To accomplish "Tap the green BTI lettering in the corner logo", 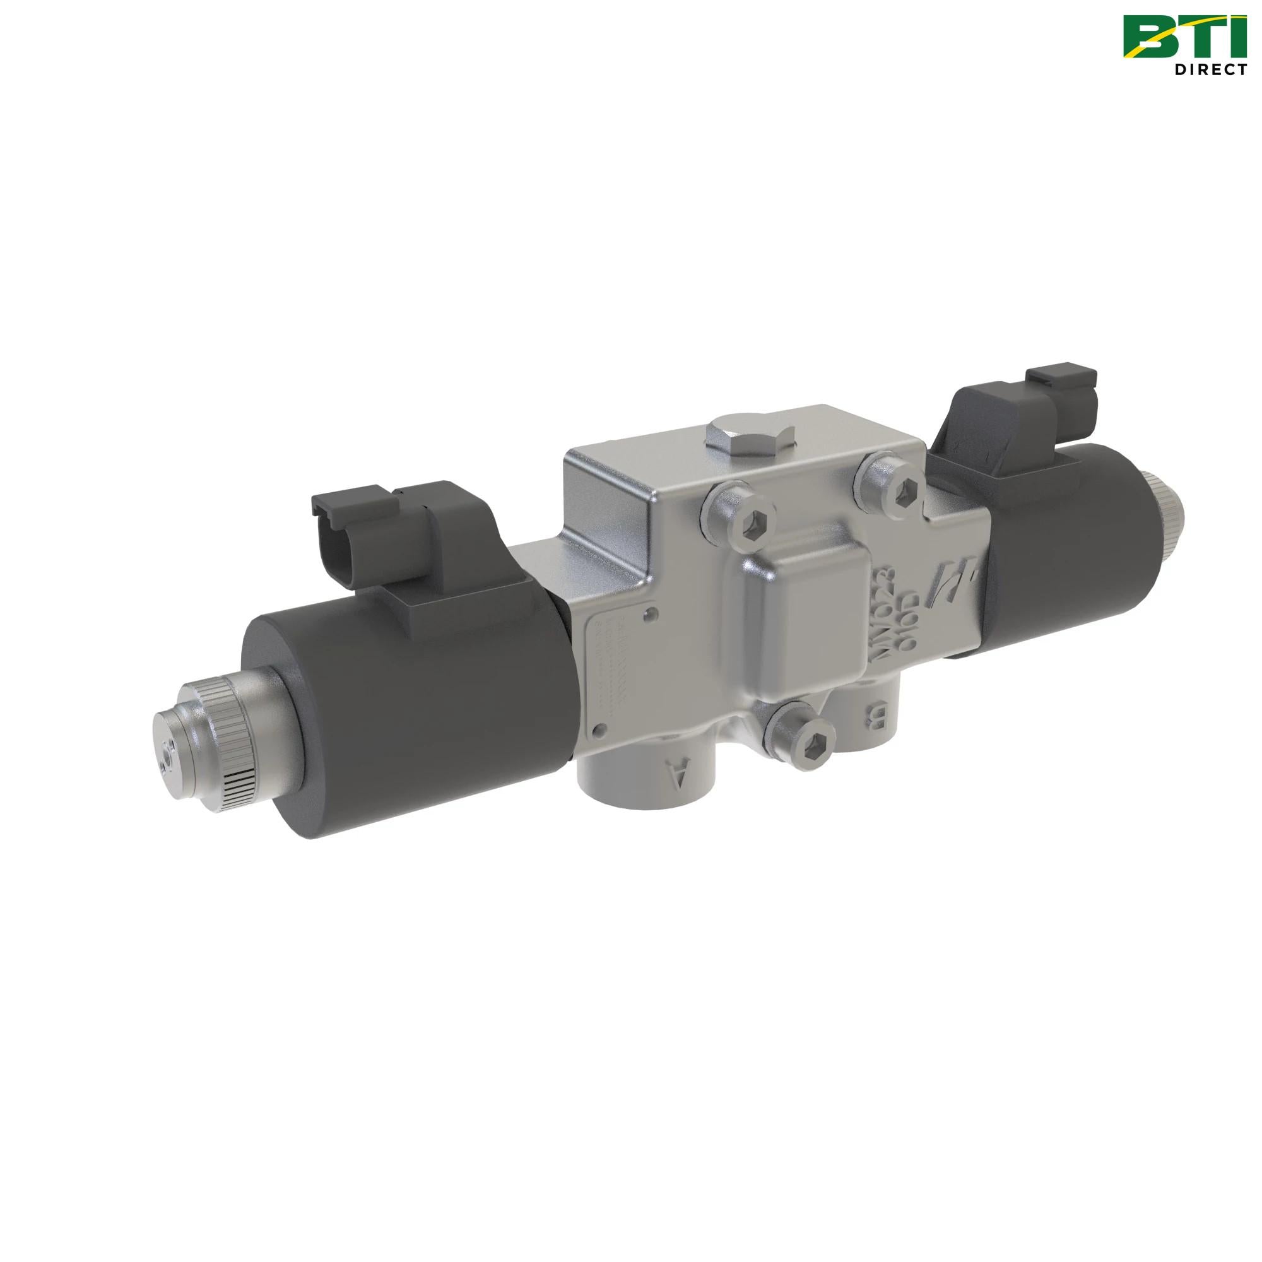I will [x=1184, y=38].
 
